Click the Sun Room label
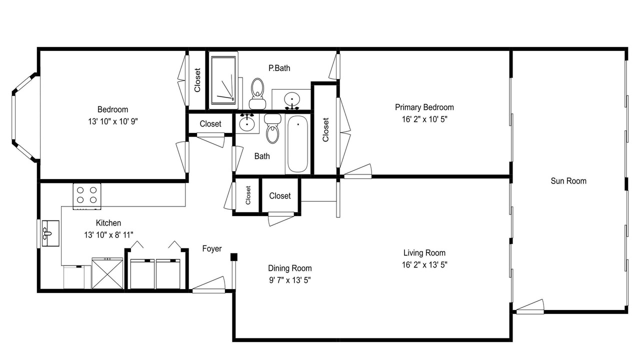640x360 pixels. (x=568, y=181)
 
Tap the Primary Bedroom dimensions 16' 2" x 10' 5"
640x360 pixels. (x=424, y=119)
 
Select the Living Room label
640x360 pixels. (x=424, y=253)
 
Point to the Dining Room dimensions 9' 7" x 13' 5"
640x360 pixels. (x=289, y=280)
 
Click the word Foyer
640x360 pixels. (x=211, y=248)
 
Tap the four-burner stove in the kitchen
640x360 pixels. (x=87, y=196)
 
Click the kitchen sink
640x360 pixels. (x=50, y=233)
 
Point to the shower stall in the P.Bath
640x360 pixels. (x=223, y=80)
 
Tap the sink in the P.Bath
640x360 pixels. (x=292, y=99)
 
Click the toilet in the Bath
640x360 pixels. (x=273, y=128)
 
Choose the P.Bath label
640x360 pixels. (x=279, y=68)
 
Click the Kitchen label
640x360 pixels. (x=108, y=223)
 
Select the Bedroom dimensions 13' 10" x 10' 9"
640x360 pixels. (x=113, y=121)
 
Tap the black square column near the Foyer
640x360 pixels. (x=234, y=257)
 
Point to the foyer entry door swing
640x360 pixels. (x=209, y=284)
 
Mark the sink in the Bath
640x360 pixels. (x=246, y=123)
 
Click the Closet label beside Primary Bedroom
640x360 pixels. (x=325, y=129)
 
